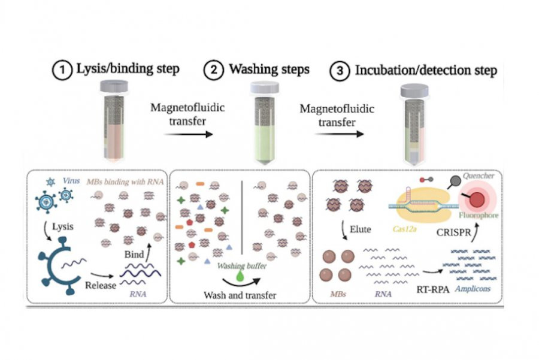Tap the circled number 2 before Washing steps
point(213,70)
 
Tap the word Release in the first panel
point(100,285)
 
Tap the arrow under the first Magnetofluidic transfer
point(188,135)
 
